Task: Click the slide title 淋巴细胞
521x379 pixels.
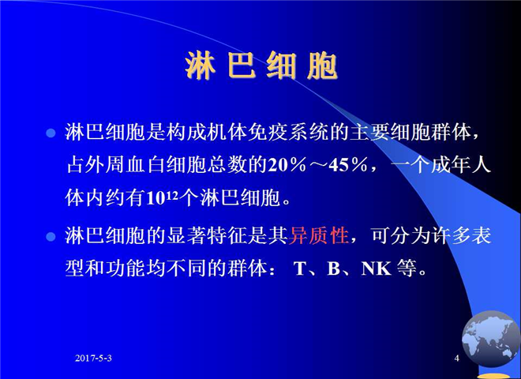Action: [x=261, y=66]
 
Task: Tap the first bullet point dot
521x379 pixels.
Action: [x=51, y=133]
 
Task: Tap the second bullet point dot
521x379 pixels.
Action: [x=51, y=237]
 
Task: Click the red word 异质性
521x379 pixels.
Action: [x=319, y=236]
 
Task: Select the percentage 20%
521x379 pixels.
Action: [x=287, y=165]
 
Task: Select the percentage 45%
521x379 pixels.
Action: [x=348, y=165]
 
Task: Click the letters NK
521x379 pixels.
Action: [x=376, y=268]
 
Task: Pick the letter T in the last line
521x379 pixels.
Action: [x=300, y=268]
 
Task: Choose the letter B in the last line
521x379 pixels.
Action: [x=333, y=268]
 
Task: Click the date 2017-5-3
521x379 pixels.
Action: [x=93, y=358]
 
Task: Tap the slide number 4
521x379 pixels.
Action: [x=457, y=358]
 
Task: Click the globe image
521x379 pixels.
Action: [x=490, y=339]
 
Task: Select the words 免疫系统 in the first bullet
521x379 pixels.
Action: [x=288, y=133]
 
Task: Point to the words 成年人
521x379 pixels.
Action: [x=461, y=165]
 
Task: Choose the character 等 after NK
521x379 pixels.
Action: [x=407, y=268]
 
